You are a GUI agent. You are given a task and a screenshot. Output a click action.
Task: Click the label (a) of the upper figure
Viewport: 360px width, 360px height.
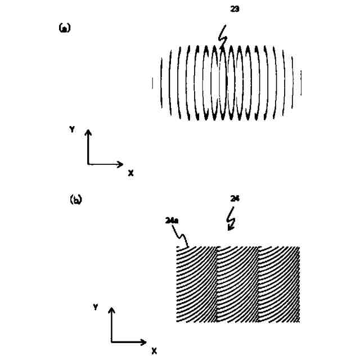tap(64, 28)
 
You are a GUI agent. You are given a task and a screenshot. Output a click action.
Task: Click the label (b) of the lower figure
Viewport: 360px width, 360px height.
tap(75, 199)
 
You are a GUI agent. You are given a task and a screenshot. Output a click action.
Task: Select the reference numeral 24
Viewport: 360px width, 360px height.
tap(235, 199)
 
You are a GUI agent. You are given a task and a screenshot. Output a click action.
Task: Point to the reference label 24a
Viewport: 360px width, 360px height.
tap(172, 221)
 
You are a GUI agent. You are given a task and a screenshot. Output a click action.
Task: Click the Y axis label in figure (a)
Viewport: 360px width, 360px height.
tap(72, 129)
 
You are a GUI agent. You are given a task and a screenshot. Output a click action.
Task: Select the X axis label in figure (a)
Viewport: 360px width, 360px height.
tap(130, 174)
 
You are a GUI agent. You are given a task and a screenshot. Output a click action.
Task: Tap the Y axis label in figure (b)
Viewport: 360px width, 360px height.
tap(96, 307)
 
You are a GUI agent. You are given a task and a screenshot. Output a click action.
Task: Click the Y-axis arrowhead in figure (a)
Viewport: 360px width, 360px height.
tap(88, 133)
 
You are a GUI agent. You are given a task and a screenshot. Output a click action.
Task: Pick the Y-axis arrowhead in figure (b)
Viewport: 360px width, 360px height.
tap(111, 311)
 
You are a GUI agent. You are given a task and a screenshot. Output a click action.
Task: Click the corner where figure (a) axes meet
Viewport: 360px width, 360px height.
tap(88, 164)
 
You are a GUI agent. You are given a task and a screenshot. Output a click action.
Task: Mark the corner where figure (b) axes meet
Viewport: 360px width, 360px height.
tap(112, 341)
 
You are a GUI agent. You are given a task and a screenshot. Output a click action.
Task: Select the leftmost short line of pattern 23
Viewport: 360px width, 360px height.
tap(152, 84)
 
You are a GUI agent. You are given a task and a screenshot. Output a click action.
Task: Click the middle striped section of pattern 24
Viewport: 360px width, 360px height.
tap(237, 284)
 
